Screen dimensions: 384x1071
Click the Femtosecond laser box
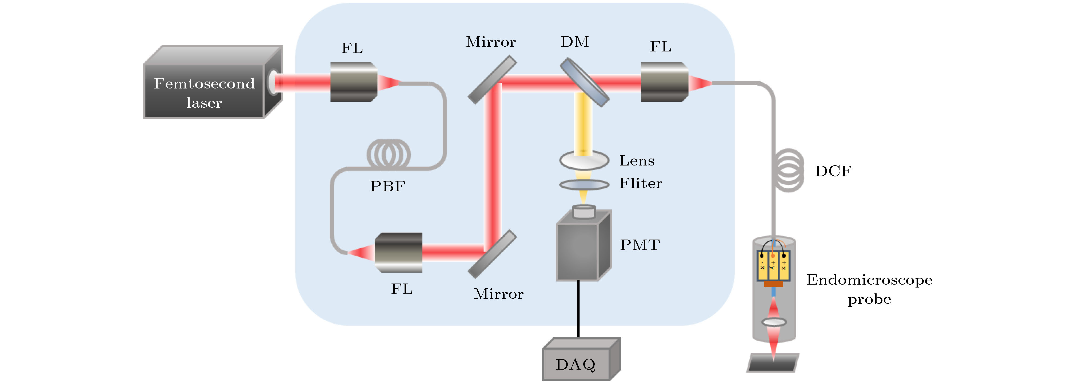pos(205,92)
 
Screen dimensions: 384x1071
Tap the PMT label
pos(640,245)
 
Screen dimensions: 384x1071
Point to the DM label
pos(575,42)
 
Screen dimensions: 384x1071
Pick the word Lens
pos(637,160)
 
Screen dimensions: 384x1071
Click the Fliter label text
pos(641,183)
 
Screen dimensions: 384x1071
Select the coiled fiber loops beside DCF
pos(789,170)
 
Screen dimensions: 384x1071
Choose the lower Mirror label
pos(498,294)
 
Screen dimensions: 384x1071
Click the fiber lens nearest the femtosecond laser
pos(353,82)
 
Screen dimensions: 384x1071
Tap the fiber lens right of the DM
pos(664,82)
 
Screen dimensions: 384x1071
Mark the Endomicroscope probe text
pos(869,289)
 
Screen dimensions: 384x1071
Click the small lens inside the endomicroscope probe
pos(774,322)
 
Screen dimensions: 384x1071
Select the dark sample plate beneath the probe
pos(773,363)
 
